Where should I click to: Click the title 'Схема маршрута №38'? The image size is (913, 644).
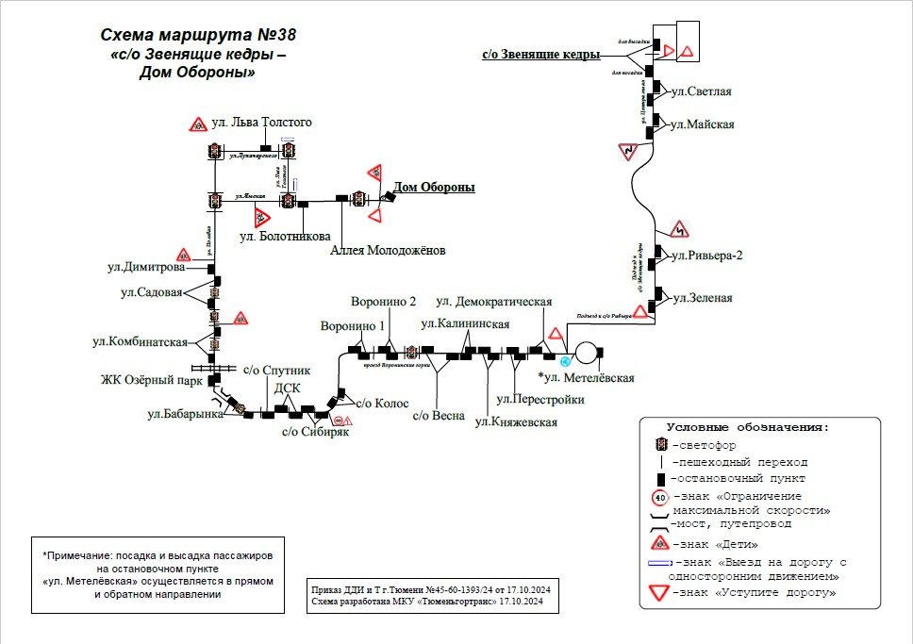pyautogui.click(x=198, y=36)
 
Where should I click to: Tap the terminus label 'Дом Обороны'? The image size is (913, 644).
pyautogui.click(x=434, y=188)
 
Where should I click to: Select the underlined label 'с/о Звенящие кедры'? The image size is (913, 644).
pyautogui.click(x=540, y=55)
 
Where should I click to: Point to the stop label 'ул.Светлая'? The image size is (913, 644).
pyautogui.click(x=701, y=91)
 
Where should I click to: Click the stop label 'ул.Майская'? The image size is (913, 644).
pyautogui.click(x=702, y=124)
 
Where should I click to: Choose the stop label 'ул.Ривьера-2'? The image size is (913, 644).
pyautogui.click(x=706, y=256)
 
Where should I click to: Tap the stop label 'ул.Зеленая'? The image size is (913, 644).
pyautogui.click(x=702, y=298)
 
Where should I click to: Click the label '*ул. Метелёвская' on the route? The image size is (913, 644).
pyautogui.click(x=586, y=378)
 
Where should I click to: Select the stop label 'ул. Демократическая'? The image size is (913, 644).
pyautogui.click(x=493, y=302)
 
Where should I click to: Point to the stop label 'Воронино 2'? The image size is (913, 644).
pyautogui.click(x=383, y=303)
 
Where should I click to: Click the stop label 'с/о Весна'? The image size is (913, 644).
pyautogui.click(x=439, y=416)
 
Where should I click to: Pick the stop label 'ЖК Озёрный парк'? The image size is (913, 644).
pyautogui.click(x=153, y=381)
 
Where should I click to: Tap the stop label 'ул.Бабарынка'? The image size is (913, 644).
pyautogui.click(x=185, y=413)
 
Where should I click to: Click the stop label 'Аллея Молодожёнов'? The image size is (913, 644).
pyautogui.click(x=388, y=251)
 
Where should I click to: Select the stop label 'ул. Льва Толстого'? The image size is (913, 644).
pyautogui.click(x=261, y=123)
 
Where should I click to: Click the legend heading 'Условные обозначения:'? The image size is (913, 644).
pyautogui.click(x=748, y=427)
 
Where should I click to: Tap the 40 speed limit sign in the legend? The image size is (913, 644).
pyautogui.click(x=660, y=498)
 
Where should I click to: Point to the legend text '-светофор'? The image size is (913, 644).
pyautogui.click(x=704, y=445)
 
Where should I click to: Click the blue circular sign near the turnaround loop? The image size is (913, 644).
pyautogui.click(x=565, y=362)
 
